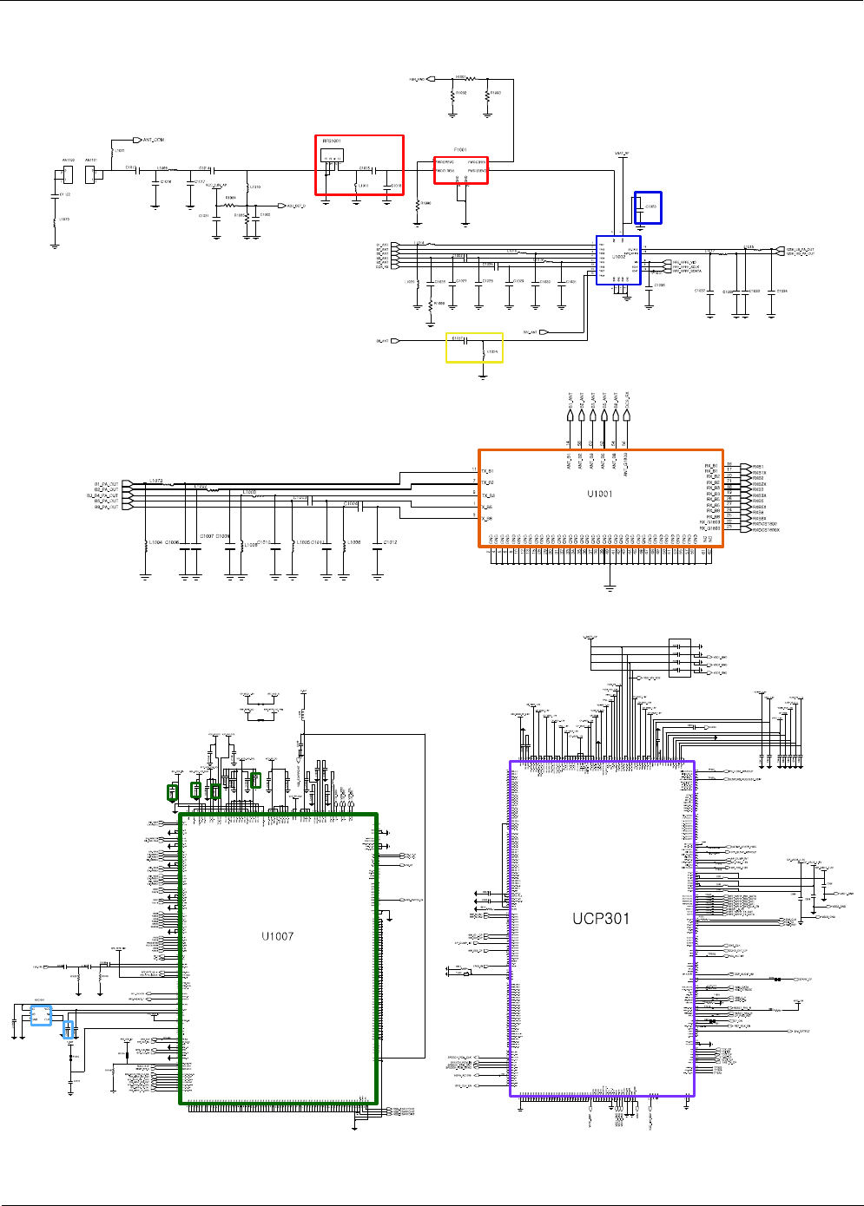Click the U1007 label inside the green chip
point(277,936)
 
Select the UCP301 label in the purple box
point(600,919)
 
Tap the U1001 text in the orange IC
point(599,494)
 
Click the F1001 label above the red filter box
point(460,150)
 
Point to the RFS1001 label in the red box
point(332,141)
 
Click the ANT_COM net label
point(153,140)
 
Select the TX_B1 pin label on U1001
point(487,471)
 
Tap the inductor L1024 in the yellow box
point(485,351)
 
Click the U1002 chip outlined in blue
point(618,259)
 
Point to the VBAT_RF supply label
point(622,154)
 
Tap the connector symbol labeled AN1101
point(91,174)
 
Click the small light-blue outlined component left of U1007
point(41,1015)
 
